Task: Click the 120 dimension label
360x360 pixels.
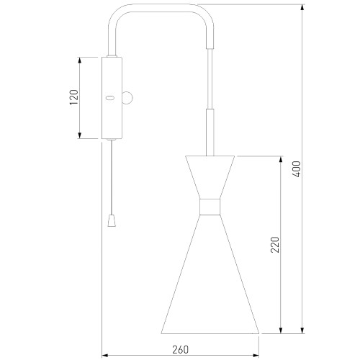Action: click(74, 97)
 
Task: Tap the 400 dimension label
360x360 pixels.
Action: click(297, 169)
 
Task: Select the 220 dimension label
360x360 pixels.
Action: click(275, 245)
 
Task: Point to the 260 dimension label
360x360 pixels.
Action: click(181, 350)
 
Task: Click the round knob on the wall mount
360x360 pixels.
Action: click(127, 98)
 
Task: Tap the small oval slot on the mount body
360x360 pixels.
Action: click(110, 98)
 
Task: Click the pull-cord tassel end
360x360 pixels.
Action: click(112, 220)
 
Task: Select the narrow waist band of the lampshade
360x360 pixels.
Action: click(210, 207)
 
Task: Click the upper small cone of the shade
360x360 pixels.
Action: click(210, 177)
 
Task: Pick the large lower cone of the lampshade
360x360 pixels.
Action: click(210, 274)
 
